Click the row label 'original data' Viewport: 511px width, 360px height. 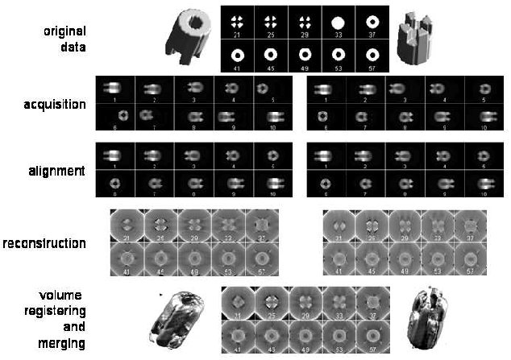point(64,39)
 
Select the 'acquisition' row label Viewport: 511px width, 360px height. point(56,105)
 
